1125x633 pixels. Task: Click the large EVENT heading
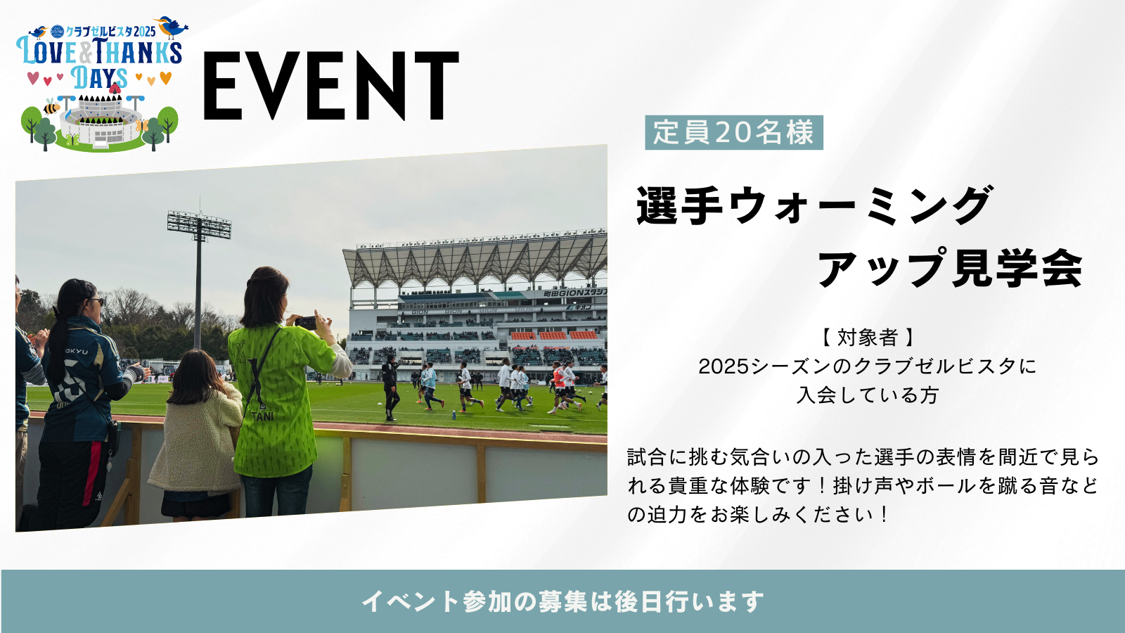[x=330, y=86]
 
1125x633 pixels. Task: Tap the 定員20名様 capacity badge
[x=734, y=133]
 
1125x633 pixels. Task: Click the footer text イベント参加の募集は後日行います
[x=562, y=601]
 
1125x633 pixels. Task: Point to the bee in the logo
[x=51, y=106]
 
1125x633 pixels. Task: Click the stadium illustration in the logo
[x=101, y=120]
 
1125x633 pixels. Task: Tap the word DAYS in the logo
[x=99, y=78]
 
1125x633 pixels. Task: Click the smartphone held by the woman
[x=306, y=323]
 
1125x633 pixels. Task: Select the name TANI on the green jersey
[x=263, y=416]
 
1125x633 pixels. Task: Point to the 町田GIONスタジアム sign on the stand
[x=575, y=293]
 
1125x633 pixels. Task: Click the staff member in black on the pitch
[x=391, y=388]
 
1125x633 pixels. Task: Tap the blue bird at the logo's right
[x=171, y=27]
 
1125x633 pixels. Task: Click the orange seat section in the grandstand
[x=553, y=335]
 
